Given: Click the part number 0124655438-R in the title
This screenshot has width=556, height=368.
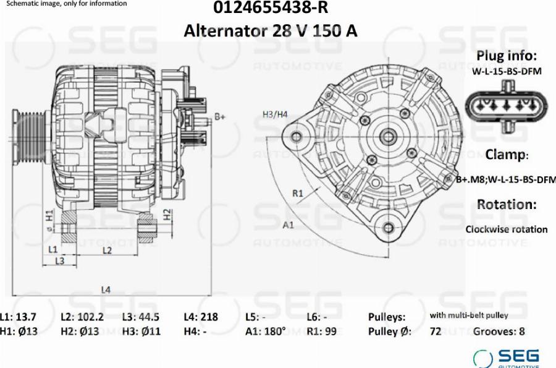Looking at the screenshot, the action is click(x=271, y=7).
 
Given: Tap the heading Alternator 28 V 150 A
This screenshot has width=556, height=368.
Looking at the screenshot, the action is click(x=270, y=31).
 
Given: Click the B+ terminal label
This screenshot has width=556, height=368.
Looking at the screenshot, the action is click(x=220, y=116).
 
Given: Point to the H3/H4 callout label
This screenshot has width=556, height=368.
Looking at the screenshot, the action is click(x=275, y=114).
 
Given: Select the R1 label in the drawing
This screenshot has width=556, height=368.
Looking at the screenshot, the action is click(x=298, y=194).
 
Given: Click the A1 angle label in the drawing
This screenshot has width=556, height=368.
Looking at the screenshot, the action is click(x=289, y=225).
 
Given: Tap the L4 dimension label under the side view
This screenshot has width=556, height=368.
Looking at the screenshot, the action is click(x=106, y=289).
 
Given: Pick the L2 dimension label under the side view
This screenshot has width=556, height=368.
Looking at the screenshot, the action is click(x=107, y=250).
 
